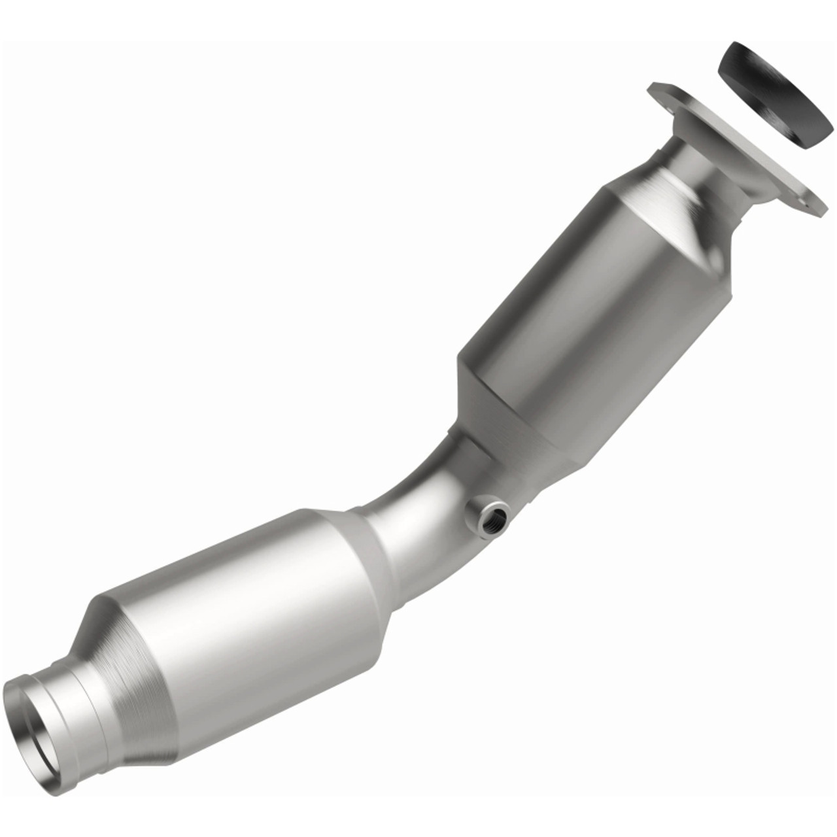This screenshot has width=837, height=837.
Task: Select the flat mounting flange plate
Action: (739, 147)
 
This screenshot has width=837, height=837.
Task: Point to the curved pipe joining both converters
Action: (418, 497)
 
